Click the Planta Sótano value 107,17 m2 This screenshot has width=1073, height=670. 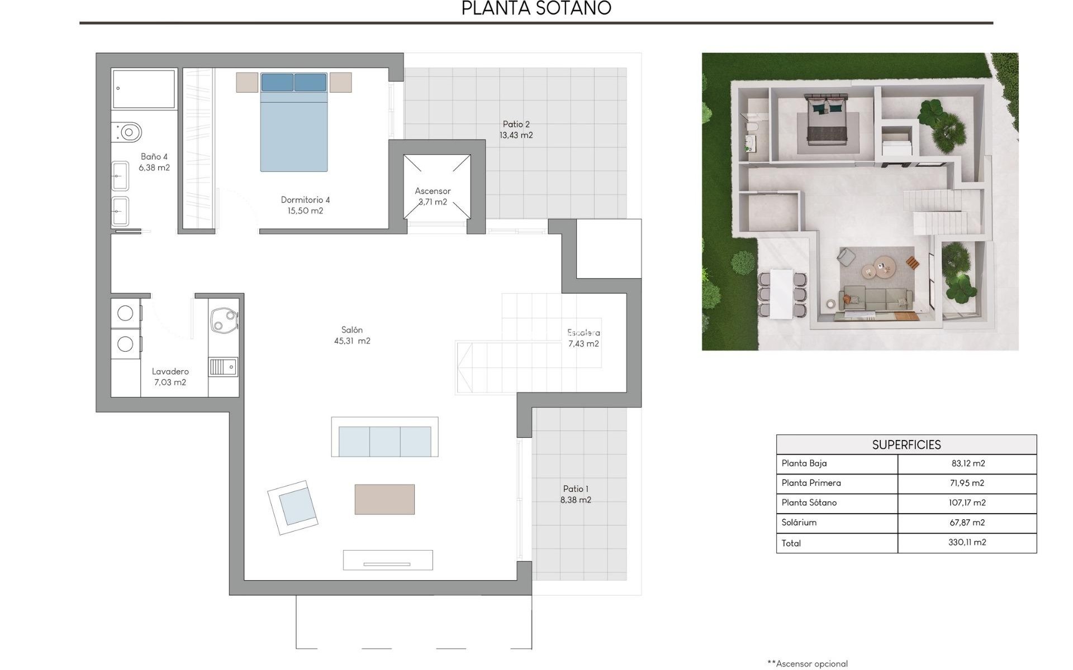[966, 502]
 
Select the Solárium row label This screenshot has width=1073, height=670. [799, 523]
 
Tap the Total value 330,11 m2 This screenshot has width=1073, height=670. [966, 542]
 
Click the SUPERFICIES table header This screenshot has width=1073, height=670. [906, 445]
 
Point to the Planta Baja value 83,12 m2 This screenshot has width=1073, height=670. [967, 463]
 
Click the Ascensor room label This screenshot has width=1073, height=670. [432, 191]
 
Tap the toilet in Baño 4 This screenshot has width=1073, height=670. [128, 132]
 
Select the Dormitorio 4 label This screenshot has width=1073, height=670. [305, 200]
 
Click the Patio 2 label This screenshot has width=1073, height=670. [516, 125]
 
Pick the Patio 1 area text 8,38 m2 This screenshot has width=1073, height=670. [576, 500]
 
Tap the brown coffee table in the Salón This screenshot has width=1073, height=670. [384, 499]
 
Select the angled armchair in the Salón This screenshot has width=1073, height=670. [293, 507]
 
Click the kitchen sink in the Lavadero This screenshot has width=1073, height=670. [223, 367]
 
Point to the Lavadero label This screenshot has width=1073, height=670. [170, 371]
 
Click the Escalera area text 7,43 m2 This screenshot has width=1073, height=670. [583, 344]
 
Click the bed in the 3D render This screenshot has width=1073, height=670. [826, 121]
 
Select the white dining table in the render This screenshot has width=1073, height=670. [781, 294]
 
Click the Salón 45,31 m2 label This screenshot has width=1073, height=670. [352, 336]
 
